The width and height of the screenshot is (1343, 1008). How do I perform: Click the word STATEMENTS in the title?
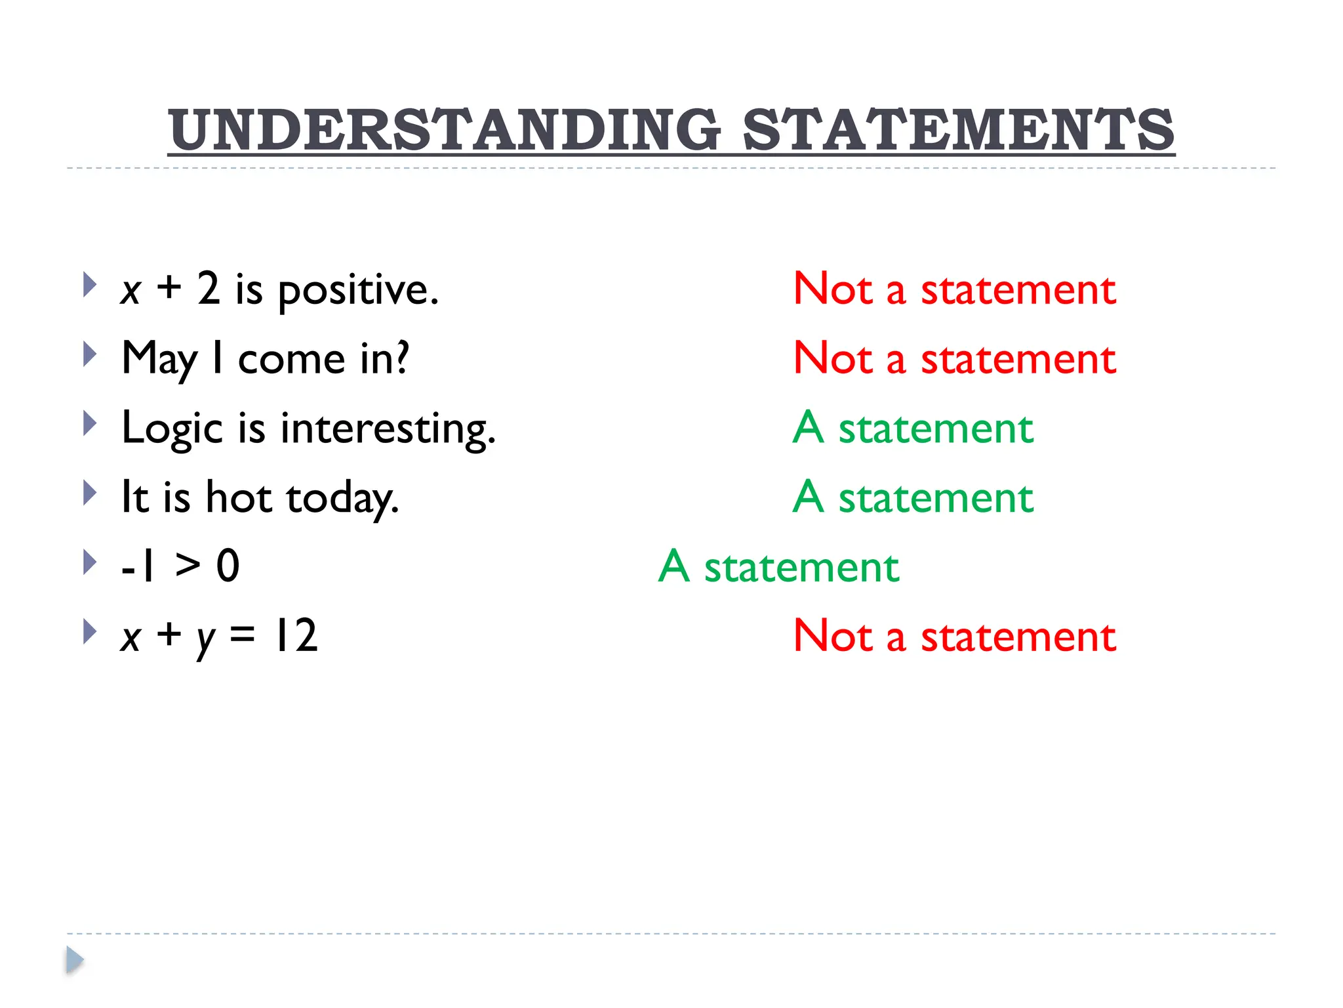[958, 129]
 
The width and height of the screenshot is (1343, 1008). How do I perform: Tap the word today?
[342, 499]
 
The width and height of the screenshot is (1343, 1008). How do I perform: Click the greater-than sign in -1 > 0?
[188, 565]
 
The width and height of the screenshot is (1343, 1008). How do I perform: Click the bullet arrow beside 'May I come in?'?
[90, 355]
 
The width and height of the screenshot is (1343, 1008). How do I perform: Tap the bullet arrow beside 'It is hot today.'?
[90, 493]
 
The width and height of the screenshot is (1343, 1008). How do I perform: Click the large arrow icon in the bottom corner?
[75, 960]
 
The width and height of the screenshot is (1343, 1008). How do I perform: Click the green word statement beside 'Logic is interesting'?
[936, 429]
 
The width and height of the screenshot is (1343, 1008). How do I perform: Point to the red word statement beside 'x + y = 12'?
[1018, 636]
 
